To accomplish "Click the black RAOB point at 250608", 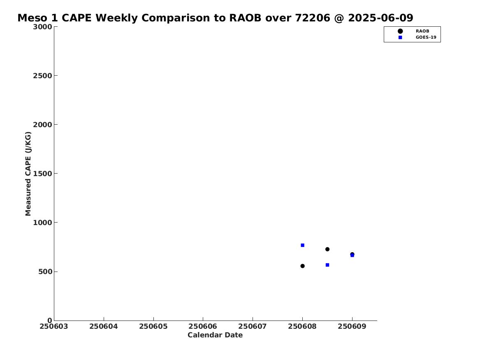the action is pyautogui.click(x=302, y=266).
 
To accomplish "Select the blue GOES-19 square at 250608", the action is pyautogui.click(x=302, y=245).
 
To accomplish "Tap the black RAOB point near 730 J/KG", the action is pyautogui.click(x=327, y=249).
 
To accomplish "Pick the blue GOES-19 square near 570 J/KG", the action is pyautogui.click(x=327, y=265).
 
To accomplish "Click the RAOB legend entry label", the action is pyautogui.click(x=422, y=31).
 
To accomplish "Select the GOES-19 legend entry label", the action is pyautogui.click(x=426, y=37).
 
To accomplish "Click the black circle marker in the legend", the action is pyautogui.click(x=400, y=31).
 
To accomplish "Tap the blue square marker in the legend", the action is pyautogui.click(x=400, y=37).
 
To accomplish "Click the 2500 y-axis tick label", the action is pyautogui.click(x=42, y=76).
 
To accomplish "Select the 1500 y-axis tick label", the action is pyautogui.click(x=42, y=174).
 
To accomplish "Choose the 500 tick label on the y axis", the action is pyautogui.click(x=45, y=272).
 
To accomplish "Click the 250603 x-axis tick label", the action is pyautogui.click(x=54, y=326).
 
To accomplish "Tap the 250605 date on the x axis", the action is pyautogui.click(x=153, y=326).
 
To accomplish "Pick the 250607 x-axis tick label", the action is pyautogui.click(x=253, y=326).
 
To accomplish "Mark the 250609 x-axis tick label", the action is pyautogui.click(x=352, y=326).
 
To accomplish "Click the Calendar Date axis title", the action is pyautogui.click(x=215, y=335).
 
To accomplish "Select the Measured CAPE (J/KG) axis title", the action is pyautogui.click(x=28, y=174).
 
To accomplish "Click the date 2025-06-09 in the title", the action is pyautogui.click(x=380, y=18).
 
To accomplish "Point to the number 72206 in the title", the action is pyautogui.click(x=313, y=18).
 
